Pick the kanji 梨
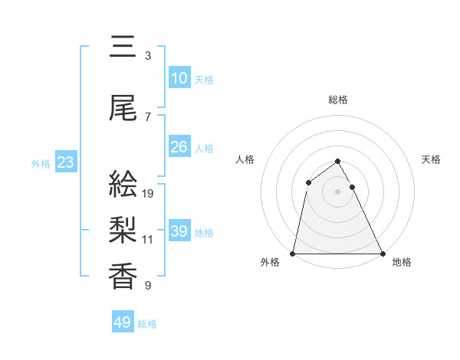point(123,229)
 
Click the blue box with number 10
point(179,78)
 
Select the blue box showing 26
point(179,147)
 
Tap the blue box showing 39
point(179,231)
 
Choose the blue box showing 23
point(65,162)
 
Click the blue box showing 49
point(123,322)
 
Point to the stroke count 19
point(149,193)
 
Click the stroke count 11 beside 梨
point(148,239)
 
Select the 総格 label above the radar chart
point(338,100)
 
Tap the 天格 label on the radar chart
point(432,159)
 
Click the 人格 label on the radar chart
point(245,159)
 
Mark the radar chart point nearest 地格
point(382,254)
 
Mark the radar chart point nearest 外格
point(293,254)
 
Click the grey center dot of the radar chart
point(337,191)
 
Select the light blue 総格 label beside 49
point(147,324)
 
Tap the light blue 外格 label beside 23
point(41,163)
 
